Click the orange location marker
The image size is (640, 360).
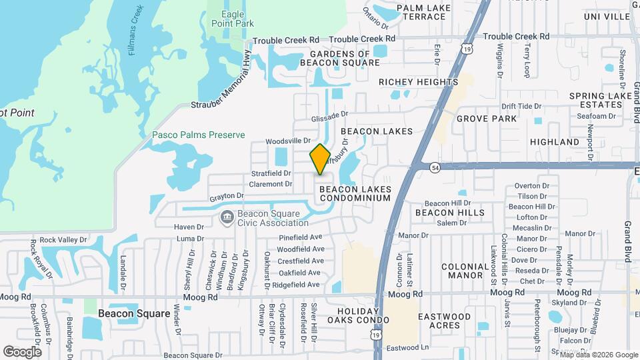click(x=320, y=159)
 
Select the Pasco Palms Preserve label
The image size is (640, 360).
click(x=199, y=135)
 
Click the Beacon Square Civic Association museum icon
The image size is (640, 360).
click(x=227, y=217)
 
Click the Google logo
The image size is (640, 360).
click(x=22, y=351)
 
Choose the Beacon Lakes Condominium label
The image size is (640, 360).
click(x=355, y=193)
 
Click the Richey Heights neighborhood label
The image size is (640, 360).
click(x=418, y=82)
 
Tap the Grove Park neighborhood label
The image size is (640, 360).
click(x=487, y=119)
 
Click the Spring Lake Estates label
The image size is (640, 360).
click(x=601, y=101)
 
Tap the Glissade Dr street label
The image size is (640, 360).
click(x=329, y=115)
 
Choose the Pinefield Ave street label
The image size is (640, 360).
click(x=300, y=237)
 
